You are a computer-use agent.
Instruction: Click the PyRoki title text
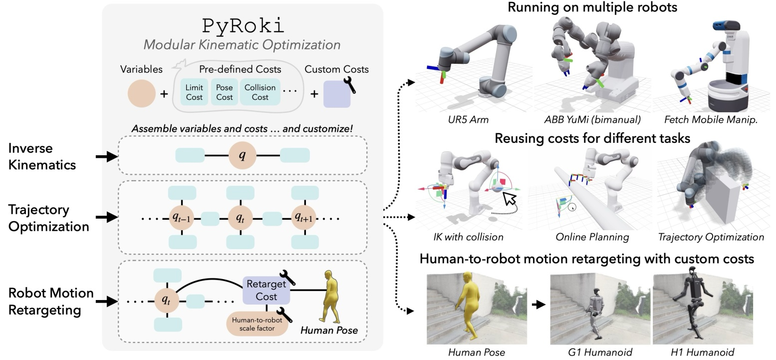pos(242,25)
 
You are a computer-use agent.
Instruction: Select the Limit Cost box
pos(194,92)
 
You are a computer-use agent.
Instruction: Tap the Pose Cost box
pos(225,92)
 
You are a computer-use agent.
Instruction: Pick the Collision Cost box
pos(259,92)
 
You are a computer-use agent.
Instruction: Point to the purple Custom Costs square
pos(337,94)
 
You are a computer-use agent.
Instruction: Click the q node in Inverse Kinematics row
pos(243,155)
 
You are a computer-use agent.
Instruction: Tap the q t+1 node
pos(304,218)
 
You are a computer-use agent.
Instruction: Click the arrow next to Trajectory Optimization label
pos(106,217)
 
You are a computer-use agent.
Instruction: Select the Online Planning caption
pos(592,237)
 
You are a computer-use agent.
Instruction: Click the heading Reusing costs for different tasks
pos(592,138)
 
